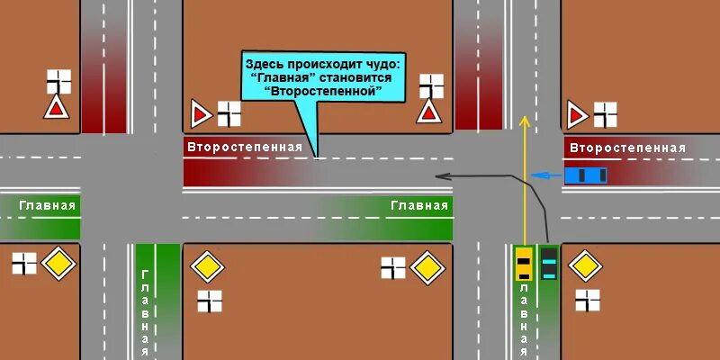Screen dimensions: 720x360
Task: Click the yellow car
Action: pyautogui.click(x=524, y=262)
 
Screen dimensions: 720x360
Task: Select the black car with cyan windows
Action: pyautogui.click(x=548, y=262)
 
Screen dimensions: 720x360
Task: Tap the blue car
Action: pyautogui.click(x=585, y=175)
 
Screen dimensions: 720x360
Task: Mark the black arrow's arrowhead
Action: pyautogui.click(x=439, y=176)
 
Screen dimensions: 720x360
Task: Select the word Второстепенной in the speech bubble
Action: pyautogui.click(x=324, y=91)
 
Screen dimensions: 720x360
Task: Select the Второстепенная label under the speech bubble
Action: pyautogui.click(x=244, y=147)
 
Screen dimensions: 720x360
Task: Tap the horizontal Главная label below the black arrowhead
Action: pyautogui.click(x=419, y=205)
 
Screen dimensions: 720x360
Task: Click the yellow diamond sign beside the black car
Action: pyautogui.click(x=585, y=266)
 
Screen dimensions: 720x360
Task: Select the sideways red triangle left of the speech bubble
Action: pyautogui.click(x=200, y=114)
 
